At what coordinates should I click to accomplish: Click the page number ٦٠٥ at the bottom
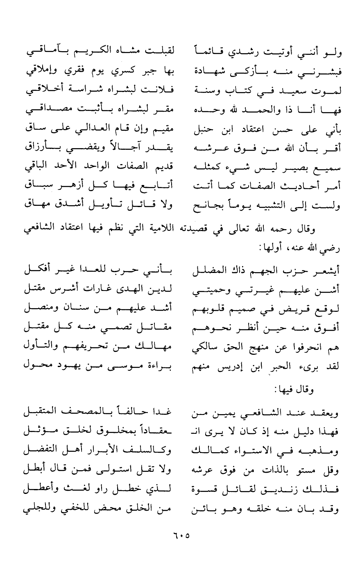click(180, 535)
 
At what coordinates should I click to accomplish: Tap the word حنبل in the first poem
click(205, 132)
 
